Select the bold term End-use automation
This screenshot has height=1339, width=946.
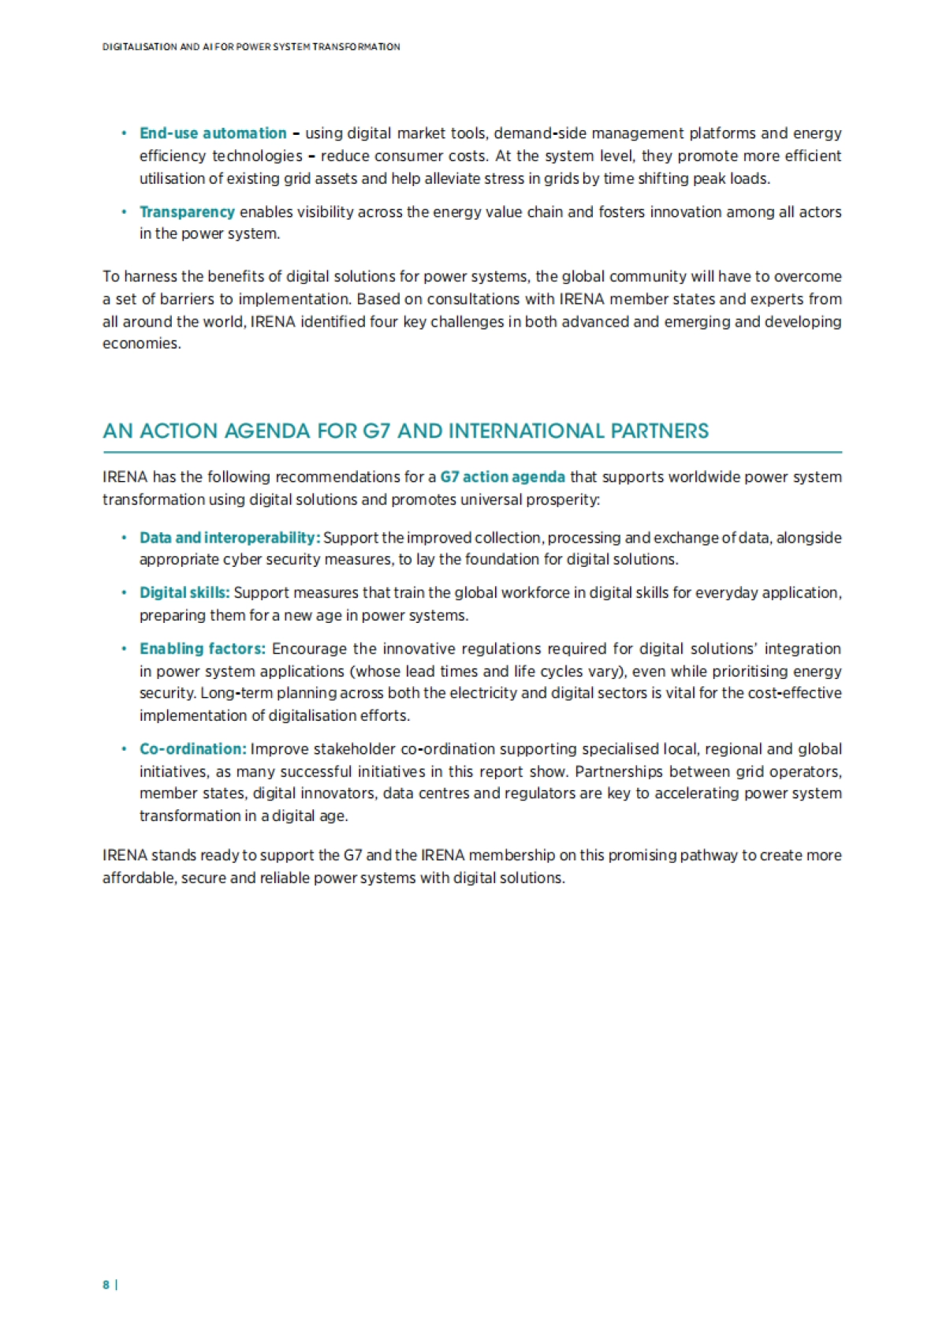tap(213, 133)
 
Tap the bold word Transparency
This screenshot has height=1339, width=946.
tap(187, 212)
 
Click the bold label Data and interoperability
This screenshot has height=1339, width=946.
tap(229, 538)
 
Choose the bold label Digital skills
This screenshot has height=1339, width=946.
tap(184, 593)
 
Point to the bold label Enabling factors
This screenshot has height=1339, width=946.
tap(202, 649)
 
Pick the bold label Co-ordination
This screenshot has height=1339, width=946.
tap(192, 749)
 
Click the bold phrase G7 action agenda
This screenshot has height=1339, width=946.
tap(502, 477)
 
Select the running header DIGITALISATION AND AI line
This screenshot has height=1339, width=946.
tap(251, 47)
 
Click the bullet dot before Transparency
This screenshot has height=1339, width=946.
tap(124, 212)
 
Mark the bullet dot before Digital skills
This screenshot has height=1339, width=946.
tap(124, 593)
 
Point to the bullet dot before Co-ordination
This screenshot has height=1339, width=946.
tap(124, 749)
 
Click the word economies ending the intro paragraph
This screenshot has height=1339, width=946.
tap(140, 344)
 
